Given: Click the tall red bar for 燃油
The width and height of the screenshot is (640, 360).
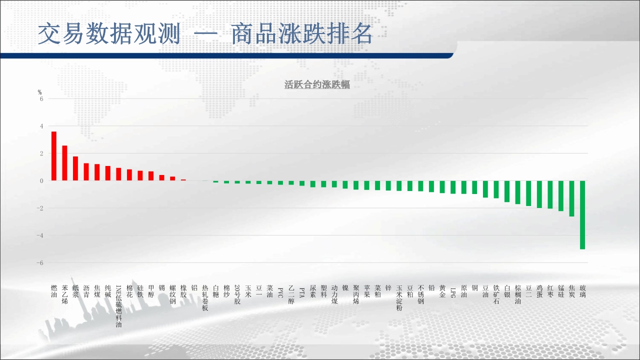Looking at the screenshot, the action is (x=53, y=156).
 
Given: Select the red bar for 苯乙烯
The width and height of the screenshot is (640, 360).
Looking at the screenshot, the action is (x=64, y=163).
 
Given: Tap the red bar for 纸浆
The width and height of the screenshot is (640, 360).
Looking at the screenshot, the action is (x=75, y=168).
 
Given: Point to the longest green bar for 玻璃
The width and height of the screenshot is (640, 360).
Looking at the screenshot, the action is (x=582, y=215).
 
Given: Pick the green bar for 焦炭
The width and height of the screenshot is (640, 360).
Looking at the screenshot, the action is (x=571, y=198).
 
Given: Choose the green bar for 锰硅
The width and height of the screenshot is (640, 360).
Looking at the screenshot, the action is (x=561, y=195).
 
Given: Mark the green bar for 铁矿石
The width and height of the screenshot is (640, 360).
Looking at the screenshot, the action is (x=496, y=189).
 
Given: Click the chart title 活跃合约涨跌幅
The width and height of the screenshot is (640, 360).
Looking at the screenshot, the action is (x=317, y=84).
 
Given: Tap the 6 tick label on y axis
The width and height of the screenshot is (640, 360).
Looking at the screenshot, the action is (x=41, y=99).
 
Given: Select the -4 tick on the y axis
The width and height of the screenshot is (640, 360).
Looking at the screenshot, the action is (x=39, y=235).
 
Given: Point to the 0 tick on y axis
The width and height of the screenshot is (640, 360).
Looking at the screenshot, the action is (x=41, y=181).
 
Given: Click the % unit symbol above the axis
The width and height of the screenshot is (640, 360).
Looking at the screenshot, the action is (x=39, y=92).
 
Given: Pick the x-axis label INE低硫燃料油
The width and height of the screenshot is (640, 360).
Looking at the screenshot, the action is (x=118, y=306).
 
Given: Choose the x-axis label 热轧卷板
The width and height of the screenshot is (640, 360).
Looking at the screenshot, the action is (x=205, y=297).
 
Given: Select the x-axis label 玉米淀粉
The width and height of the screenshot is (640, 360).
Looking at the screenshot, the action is (x=399, y=297).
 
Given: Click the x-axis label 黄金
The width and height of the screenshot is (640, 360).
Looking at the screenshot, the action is (x=442, y=291).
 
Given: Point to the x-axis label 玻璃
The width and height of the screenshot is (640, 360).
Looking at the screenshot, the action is (x=582, y=291).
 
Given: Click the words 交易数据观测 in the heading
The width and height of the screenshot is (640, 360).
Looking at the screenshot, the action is (x=109, y=33).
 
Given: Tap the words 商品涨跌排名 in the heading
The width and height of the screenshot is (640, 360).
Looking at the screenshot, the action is (x=301, y=33).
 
